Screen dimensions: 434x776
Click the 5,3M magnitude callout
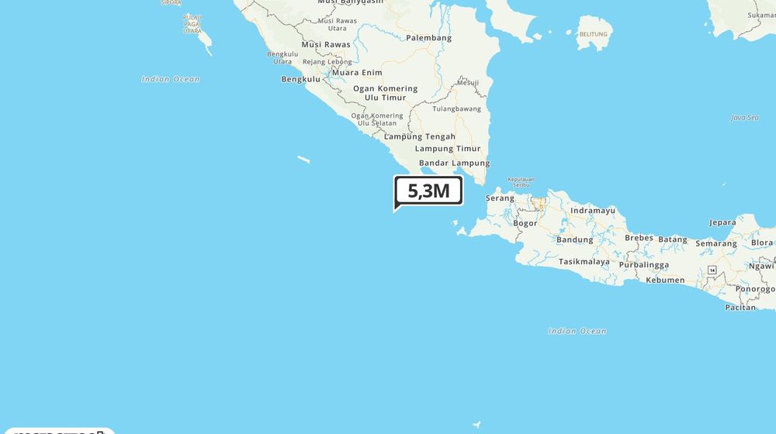[x=428, y=190]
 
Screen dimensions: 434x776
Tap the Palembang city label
[x=428, y=38]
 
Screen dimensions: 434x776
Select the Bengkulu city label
[x=300, y=79]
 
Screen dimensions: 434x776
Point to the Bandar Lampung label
[x=454, y=163]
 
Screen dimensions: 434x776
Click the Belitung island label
[x=594, y=34]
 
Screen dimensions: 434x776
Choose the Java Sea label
[x=744, y=118]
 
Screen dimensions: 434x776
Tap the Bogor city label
[x=525, y=223]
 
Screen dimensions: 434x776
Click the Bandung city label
[x=574, y=239]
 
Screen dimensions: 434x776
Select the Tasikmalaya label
[x=584, y=262]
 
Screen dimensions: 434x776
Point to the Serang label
[x=500, y=198]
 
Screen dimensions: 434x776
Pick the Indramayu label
[x=592, y=211]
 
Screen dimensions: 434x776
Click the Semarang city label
[x=715, y=243]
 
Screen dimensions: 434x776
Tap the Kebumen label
[x=665, y=280]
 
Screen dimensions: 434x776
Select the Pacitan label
[x=740, y=307]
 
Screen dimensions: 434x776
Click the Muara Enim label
[x=357, y=73]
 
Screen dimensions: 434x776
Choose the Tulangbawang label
[x=456, y=108]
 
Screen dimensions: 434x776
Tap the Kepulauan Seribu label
[x=521, y=182]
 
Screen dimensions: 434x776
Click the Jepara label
[x=722, y=222]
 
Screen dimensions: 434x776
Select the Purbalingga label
[x=643, y=264]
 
